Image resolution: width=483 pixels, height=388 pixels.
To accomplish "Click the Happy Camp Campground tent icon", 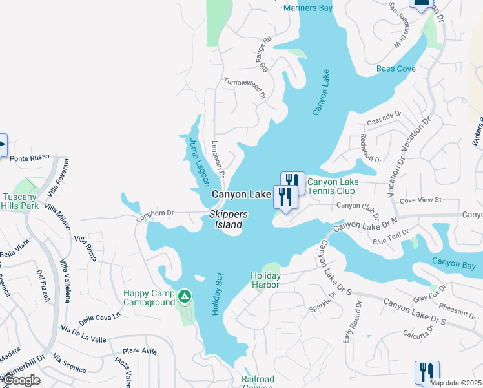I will point(185,296).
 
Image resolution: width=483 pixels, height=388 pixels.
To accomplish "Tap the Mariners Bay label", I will point(308,8).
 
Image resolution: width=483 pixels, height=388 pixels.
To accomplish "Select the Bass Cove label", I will point(396,69).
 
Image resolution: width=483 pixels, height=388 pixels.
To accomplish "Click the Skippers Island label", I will point(225,220).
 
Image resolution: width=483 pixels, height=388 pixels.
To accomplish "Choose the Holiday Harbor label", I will point(265,280).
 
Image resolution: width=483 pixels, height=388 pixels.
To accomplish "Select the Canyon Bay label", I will point(453,264).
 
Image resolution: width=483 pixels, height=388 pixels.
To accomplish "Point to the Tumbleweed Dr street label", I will point(245,88).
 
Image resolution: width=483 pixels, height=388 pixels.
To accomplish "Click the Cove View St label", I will point(420,200).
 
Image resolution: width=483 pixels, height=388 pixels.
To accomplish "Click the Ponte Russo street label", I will point(28,158).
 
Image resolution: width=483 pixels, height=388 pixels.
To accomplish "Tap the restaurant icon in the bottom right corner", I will point(427,373).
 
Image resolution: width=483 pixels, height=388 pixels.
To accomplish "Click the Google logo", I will point(21,380).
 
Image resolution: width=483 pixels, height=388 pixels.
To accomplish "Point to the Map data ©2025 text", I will point(455,383).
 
